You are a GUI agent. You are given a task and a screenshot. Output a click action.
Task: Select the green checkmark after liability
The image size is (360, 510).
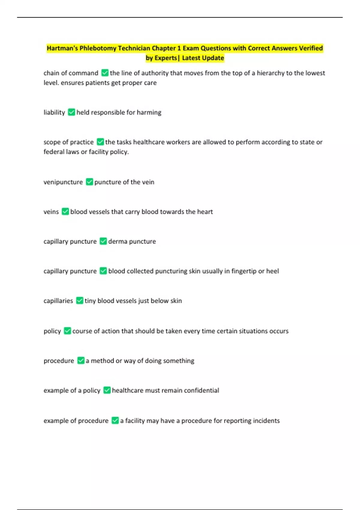pos(71,112)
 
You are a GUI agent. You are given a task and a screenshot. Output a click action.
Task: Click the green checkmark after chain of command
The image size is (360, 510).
pos(105,73)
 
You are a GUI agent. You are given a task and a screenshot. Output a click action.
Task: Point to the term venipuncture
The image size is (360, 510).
pos(63,182)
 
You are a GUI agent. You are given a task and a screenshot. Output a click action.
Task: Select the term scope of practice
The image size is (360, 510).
pos(68,142)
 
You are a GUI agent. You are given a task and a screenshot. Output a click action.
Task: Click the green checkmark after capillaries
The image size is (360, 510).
pos(79,301)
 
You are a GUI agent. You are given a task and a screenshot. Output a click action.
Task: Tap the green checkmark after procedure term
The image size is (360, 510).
pos(81,360)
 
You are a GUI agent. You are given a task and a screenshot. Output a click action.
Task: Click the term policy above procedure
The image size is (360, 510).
pos(52,331)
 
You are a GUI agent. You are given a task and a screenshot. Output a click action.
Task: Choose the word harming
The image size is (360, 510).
pos(149,112)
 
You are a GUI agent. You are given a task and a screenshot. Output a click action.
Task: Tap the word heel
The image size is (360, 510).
pos(272,271)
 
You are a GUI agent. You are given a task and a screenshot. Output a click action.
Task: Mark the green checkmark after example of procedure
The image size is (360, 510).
pos(115,420)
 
